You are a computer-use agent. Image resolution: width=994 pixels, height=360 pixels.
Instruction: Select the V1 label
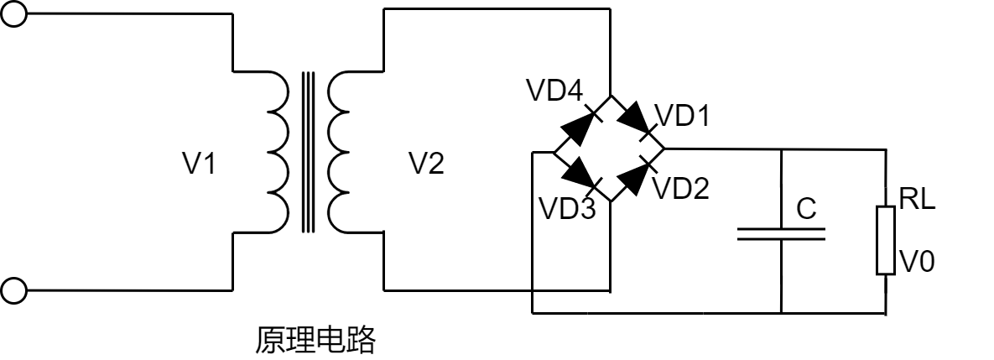200,165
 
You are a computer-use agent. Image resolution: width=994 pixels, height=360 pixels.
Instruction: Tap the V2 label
426,165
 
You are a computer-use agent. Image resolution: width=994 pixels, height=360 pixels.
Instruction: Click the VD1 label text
681,116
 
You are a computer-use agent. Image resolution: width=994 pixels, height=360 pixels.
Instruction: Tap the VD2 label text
680,189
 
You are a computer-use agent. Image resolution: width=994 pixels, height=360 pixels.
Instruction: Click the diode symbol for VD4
581,125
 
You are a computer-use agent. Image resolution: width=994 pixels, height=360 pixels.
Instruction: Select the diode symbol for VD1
638,123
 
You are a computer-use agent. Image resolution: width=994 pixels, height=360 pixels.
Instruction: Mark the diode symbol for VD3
580,175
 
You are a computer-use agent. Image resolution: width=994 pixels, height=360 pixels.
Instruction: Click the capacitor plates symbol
781,232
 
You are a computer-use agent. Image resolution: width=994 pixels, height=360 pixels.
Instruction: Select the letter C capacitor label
806,210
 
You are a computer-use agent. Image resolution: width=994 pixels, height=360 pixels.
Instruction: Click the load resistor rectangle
885,240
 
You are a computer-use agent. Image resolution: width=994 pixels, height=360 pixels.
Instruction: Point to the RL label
917,201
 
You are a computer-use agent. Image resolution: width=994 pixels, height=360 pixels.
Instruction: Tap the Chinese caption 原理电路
315,341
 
